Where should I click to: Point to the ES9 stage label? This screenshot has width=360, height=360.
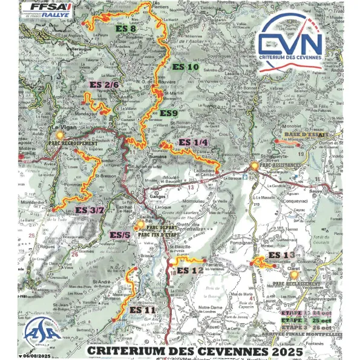[168, 113]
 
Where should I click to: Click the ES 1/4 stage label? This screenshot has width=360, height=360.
[194, 143]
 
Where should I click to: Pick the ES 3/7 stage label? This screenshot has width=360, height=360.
[91, 211]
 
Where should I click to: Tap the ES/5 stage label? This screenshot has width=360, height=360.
[119, 235]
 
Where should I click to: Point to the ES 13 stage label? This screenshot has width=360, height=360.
[281, 255]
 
